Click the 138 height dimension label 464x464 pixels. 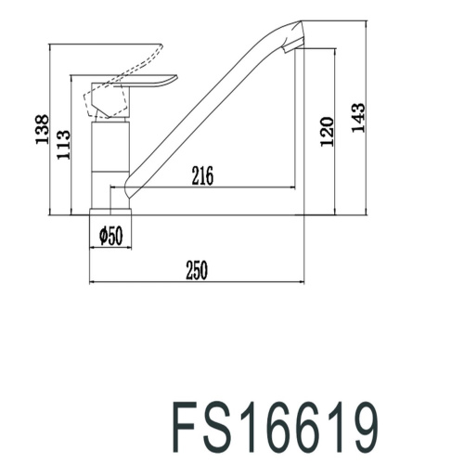pos(42,129)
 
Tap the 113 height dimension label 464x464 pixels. pos(63,145)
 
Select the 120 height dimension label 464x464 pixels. pos(327,132)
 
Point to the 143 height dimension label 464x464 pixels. pos(358,118)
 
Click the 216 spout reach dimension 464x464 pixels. pos(202,175)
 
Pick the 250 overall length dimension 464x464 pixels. pos(197,270)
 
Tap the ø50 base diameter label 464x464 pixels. pos(111,236)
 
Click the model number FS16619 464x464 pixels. pos(276,428)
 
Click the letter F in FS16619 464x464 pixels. pos(185,428)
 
